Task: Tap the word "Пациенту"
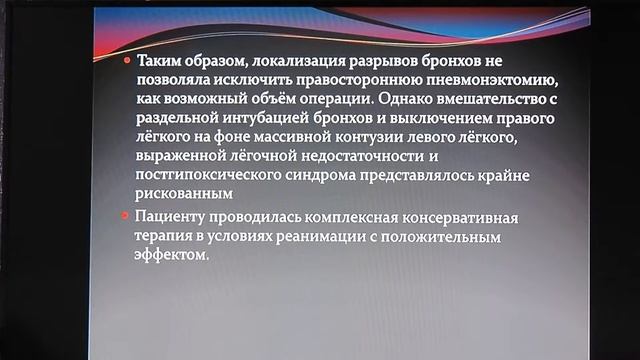coord(166,218)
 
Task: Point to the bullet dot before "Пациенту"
coord(125,218)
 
